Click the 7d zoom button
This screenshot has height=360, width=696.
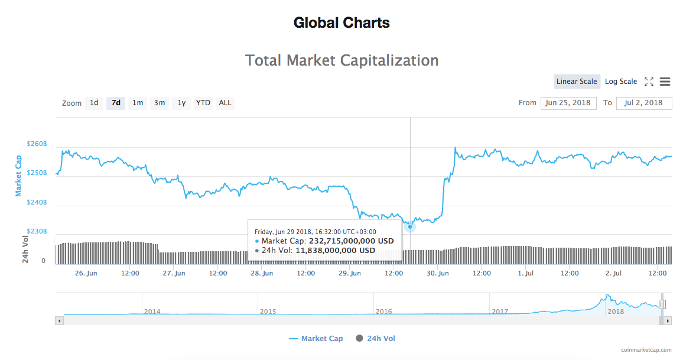click(116, 103)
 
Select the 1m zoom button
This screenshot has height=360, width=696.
click(138, 103)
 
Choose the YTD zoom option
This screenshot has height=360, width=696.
click(203, 103)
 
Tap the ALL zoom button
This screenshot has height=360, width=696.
click(225, 103)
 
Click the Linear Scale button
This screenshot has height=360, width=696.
click(577, 82)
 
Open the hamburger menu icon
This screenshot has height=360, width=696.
click(665, 82)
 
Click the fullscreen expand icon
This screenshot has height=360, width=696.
click(649, 82)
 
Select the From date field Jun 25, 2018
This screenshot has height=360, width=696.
click(568, 103)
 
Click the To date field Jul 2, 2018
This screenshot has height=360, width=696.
click(643, 103)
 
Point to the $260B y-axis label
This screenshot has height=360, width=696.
click(37, 144)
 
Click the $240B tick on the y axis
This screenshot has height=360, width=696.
click(37, 202)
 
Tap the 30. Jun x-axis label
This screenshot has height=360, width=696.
click(438, 273)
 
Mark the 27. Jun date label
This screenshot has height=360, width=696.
click(174, 273)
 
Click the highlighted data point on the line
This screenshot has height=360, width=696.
click(410, 226)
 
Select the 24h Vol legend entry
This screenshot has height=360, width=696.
click(380, 339)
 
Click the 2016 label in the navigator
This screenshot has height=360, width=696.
click(383, 311)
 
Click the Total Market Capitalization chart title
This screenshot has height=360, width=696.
click(342, 60)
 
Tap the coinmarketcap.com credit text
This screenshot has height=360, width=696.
click(646, 350)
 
